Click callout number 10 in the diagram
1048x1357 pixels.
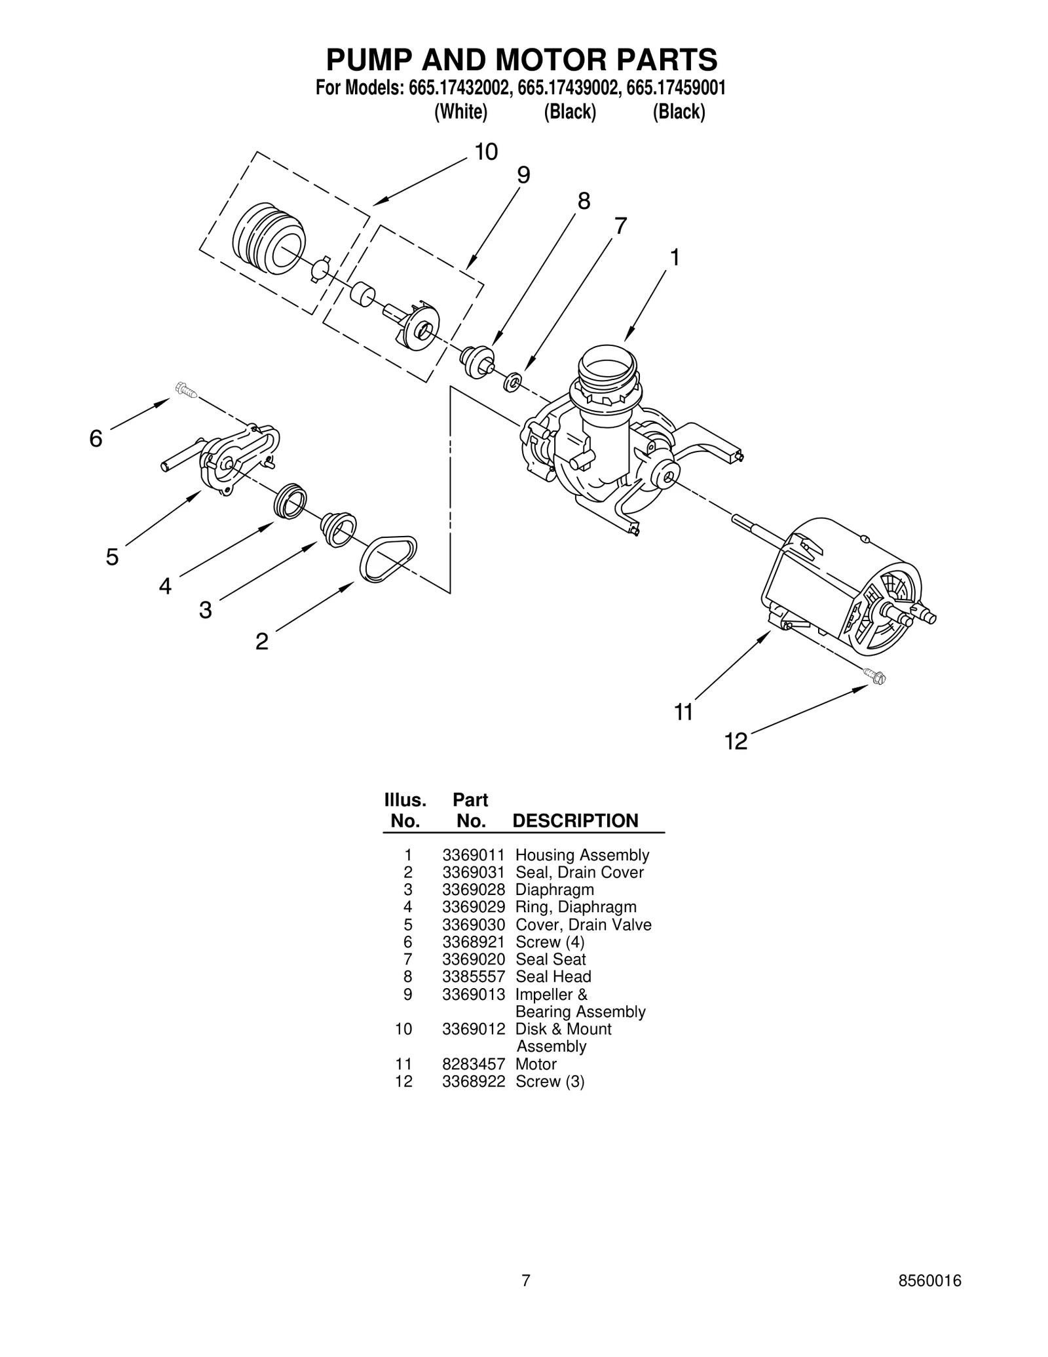[486, 152]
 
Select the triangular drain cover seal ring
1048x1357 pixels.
[388, 558]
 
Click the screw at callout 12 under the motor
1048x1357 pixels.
[874, 676]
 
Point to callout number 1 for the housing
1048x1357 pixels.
[674, 258]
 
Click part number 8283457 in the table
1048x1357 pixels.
[473, 1063]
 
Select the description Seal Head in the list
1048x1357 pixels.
[553, 976]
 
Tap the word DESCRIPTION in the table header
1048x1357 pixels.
[574, 821]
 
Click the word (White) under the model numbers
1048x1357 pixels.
[460, 112]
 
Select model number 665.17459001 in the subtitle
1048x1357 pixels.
[675, 88]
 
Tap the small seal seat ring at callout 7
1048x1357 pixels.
[512, 381]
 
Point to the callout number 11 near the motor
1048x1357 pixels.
[683, 712]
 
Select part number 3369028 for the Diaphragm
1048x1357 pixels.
[473, 890]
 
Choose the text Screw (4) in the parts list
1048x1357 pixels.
[550, 942]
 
